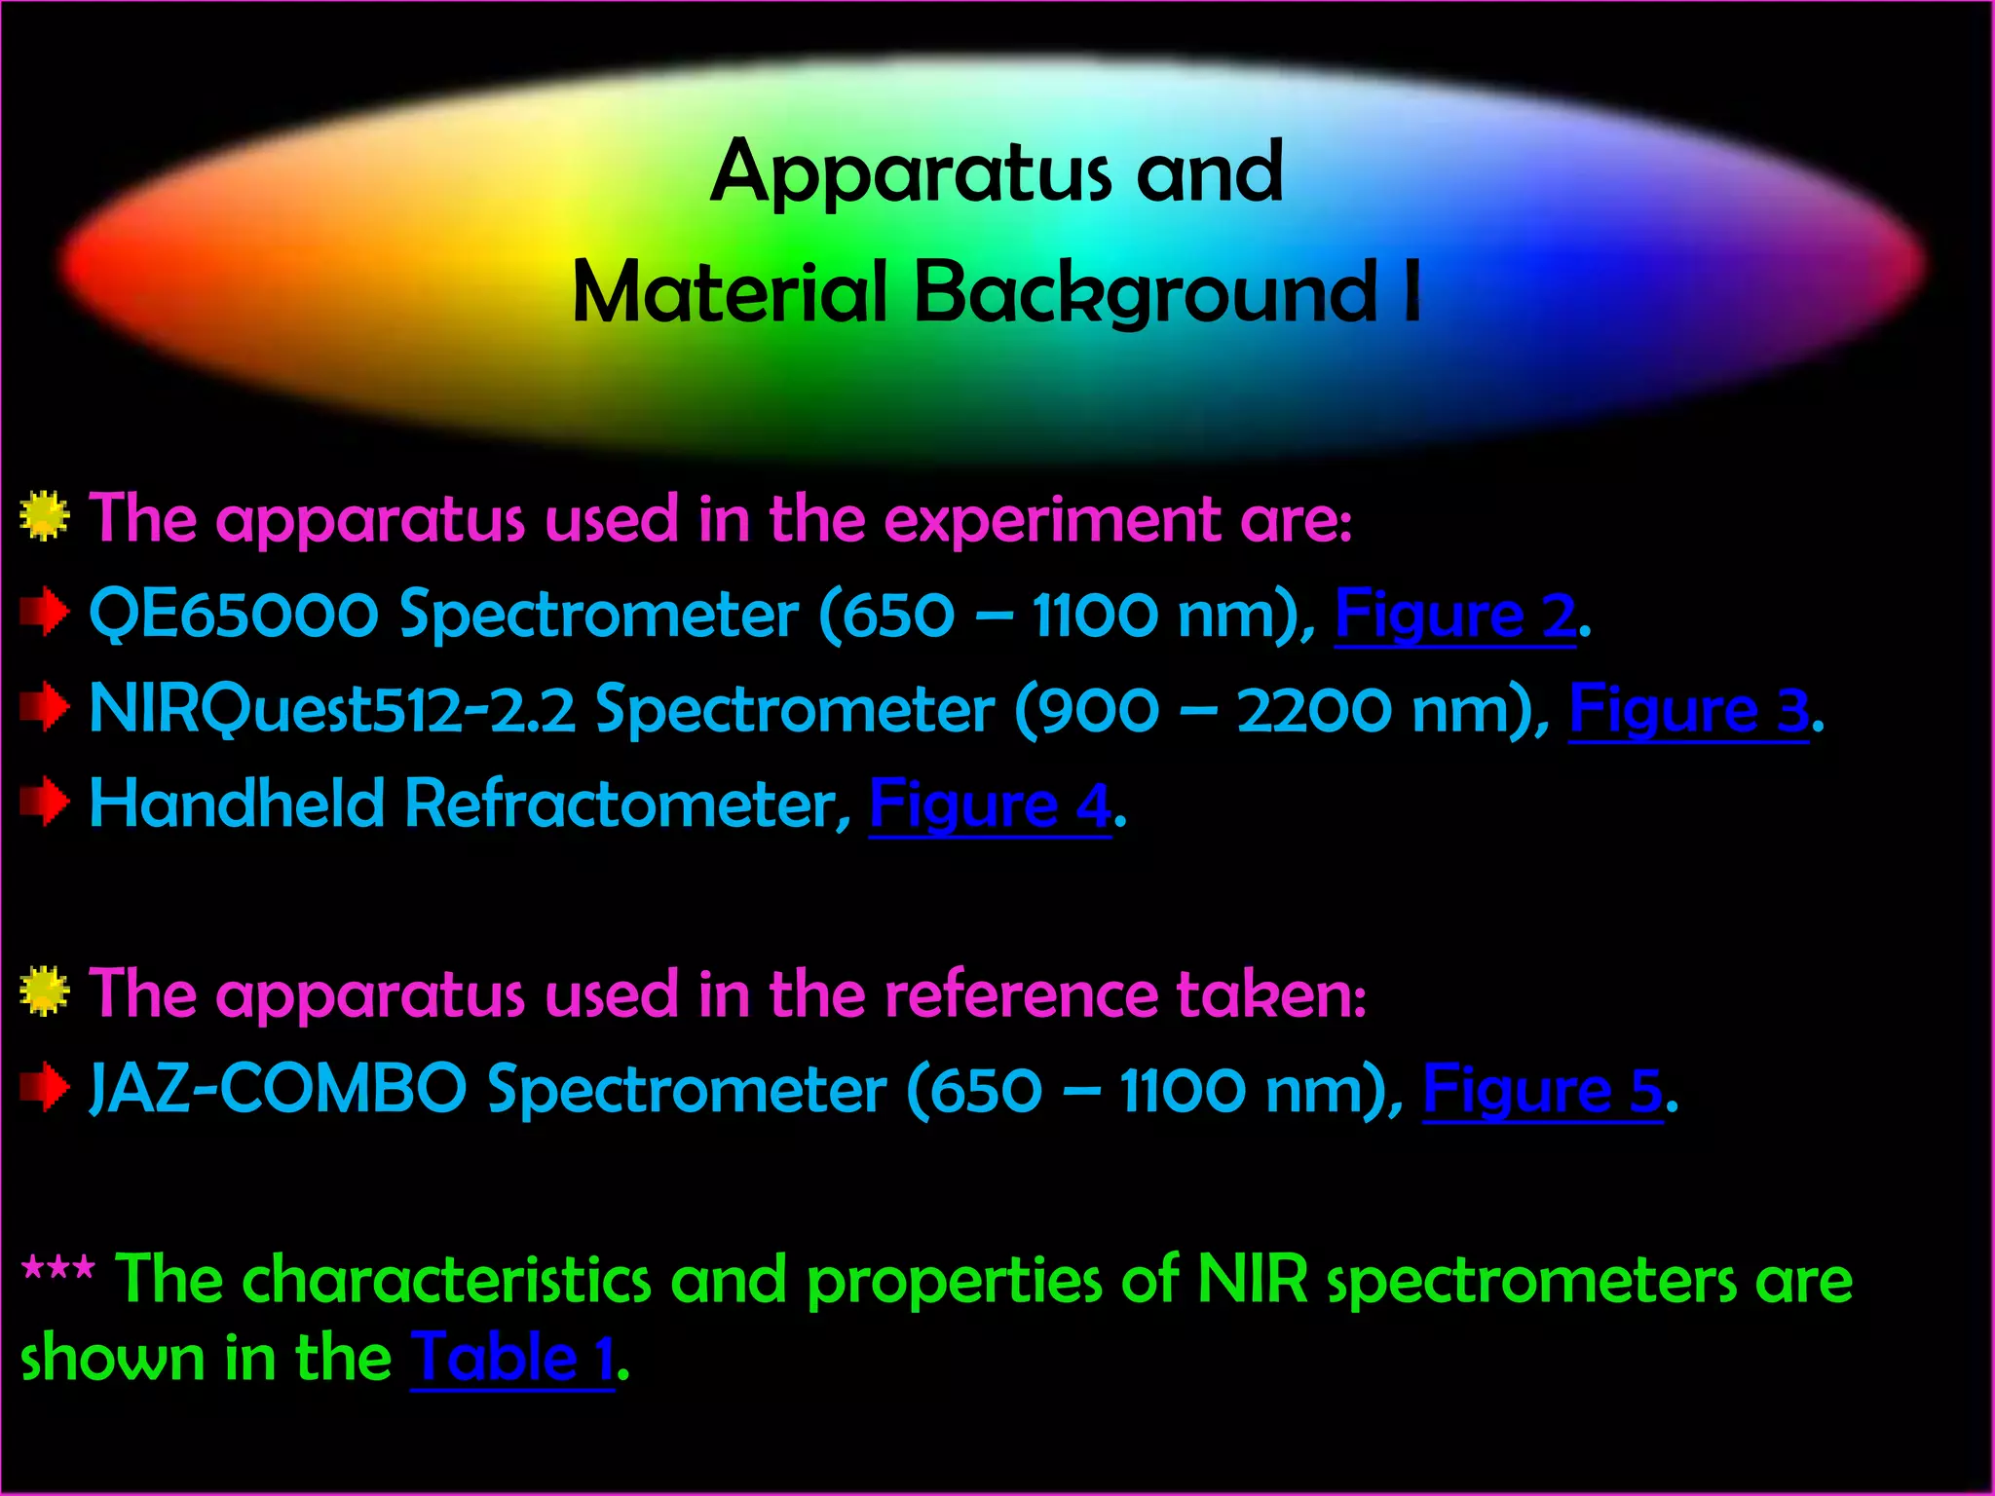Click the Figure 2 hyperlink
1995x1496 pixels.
coord(1454,617)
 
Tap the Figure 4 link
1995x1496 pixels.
coord(989,805)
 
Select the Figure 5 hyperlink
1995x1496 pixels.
coord(1542,1090)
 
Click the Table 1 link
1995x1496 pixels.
coord(512,1359)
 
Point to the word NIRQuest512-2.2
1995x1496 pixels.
coord(332,710)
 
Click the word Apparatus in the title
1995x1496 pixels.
coord(910,174)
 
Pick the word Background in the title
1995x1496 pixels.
coord(1146,293)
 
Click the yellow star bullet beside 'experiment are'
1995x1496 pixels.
coord(44,517)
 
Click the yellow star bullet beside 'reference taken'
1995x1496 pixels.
coord(44,992)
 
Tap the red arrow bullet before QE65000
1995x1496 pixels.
coord(44,614)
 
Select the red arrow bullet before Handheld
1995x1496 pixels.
coord(44,803)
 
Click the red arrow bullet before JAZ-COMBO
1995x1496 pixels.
coord(44,1087)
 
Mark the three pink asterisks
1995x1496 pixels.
coord(58,1270)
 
